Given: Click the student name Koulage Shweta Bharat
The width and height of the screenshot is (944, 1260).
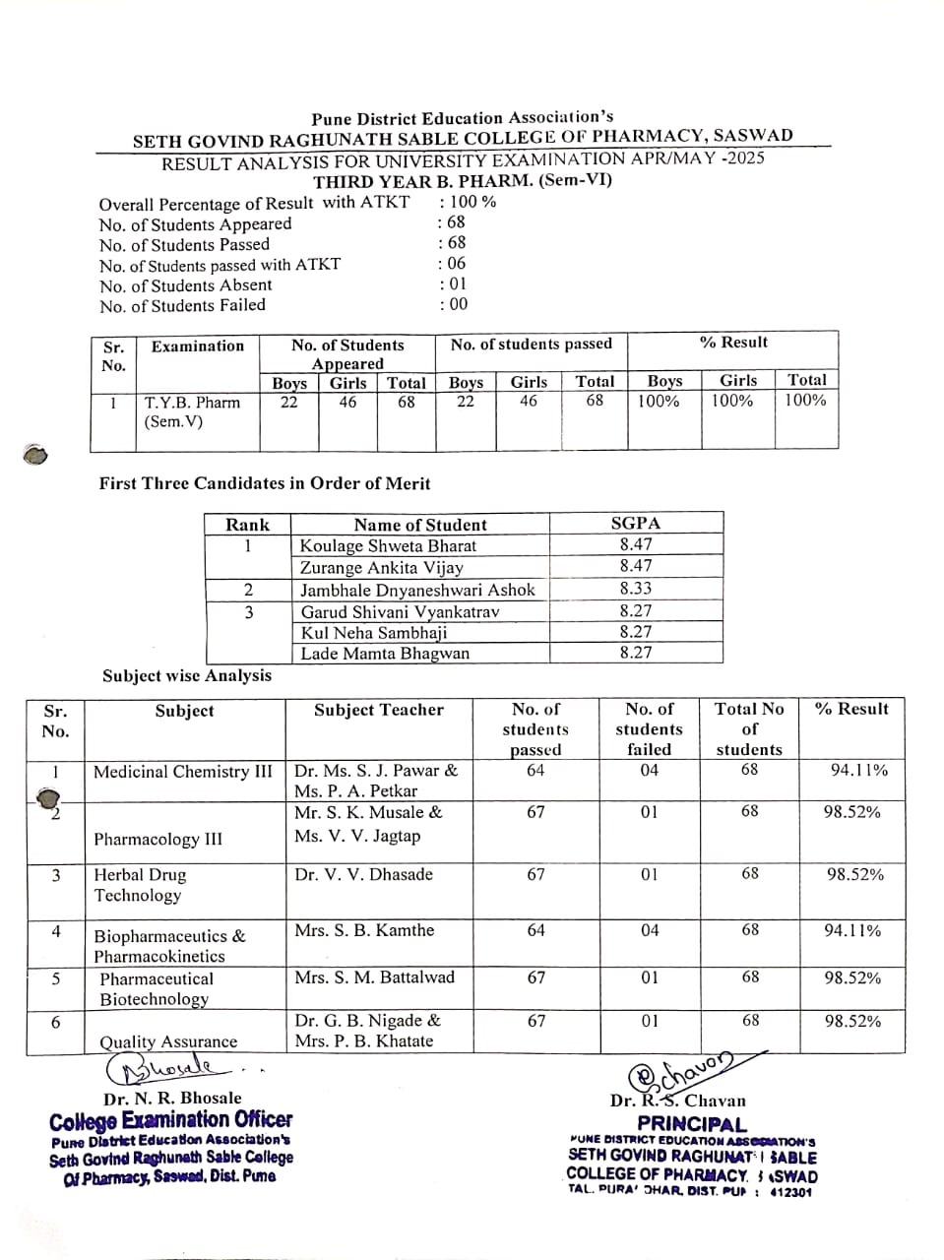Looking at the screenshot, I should [388, 546].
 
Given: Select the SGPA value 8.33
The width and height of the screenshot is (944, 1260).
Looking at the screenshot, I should [636, 589].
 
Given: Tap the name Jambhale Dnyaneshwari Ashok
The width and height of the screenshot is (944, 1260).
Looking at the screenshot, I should [417, 590].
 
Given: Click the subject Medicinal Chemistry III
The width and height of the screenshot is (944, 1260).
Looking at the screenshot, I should [183, 772].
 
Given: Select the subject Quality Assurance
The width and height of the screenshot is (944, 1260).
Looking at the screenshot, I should [168, 1041].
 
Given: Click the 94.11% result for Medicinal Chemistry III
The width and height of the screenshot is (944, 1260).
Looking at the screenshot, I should [858, 770].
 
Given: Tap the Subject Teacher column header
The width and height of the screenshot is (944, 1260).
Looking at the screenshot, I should [379, 710].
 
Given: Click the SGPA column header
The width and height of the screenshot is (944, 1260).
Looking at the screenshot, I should [636, 524].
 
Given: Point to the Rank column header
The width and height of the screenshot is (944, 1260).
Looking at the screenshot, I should [247, 525].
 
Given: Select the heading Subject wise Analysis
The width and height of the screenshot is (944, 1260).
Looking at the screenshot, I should [187, 675].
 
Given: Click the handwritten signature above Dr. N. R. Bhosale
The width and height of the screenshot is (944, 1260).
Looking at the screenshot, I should [167, 1067].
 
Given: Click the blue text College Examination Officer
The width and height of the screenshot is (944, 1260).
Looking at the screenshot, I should [170, 1120].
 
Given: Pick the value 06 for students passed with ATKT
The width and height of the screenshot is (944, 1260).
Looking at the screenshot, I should [454, 264].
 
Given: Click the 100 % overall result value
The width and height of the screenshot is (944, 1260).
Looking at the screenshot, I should [471, 202].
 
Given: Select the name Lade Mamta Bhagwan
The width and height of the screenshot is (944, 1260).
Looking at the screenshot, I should [385, 654].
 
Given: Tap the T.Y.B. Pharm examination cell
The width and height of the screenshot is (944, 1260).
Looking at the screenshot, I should [192, 411].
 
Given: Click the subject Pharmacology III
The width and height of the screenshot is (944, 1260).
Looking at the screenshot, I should [157, 840].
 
